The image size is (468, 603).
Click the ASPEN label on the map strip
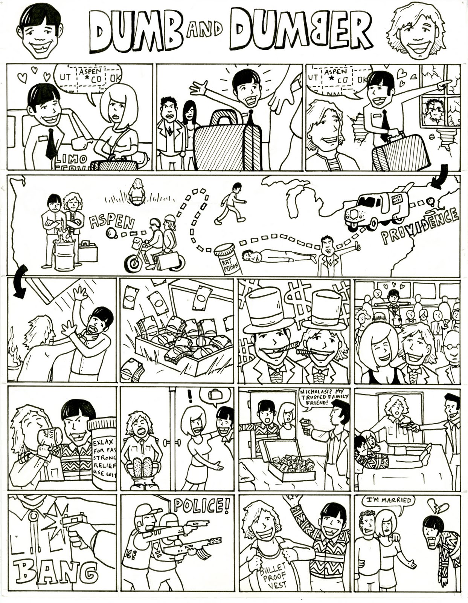[111, 223]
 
